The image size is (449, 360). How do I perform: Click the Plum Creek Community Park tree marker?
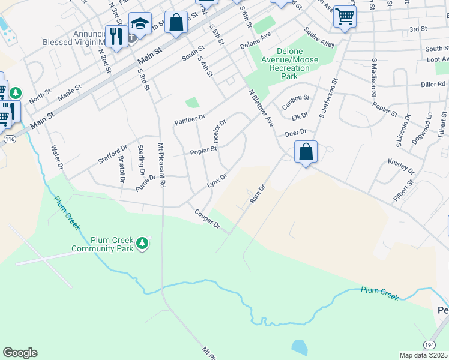(x=142, y=243)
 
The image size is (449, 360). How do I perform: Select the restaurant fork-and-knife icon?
(x=115, y=36)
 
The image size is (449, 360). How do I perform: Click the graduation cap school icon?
(x=139, y=23)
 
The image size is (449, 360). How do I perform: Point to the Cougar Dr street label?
(x=207, y=220)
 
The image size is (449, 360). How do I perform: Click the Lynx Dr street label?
(x=217, y=181)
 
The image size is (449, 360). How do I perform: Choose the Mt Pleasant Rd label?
(x=161, y=165)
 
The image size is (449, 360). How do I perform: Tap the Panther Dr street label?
(x=190, y=120)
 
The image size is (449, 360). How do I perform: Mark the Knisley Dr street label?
(x=401, y=166)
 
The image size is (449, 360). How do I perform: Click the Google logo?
(x=20, y=353)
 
